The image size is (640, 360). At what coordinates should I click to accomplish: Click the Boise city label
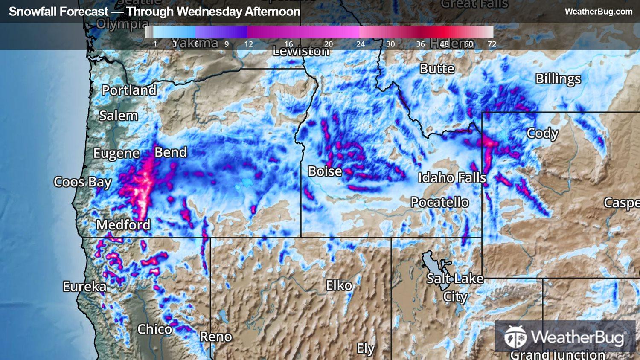click(325, 171)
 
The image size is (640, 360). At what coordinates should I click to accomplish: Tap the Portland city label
click(129, 90)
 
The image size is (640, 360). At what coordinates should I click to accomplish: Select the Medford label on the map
click(123, 225)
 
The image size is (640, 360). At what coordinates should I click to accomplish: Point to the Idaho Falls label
click(452, 177)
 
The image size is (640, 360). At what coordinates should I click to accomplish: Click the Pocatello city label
click(439, 202)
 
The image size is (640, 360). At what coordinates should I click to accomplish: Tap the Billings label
click(558, 79)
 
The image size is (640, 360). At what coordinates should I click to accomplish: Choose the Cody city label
click(542, 133)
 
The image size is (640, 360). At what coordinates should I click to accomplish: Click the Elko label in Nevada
click(339, 285)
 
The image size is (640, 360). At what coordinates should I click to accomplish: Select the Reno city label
click(215, 337)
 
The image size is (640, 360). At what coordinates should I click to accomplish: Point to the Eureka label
click(84, 286)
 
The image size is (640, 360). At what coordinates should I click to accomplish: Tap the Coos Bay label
click(82, 182)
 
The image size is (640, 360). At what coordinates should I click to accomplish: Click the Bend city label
click(171, 152)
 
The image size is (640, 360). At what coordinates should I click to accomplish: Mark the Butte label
click(437, 69)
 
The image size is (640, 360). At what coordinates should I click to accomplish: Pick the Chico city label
click(154, 329)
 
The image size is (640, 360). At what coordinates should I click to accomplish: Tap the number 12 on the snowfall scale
click(249, 44)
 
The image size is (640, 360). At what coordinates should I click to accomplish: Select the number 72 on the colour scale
click(492, 44)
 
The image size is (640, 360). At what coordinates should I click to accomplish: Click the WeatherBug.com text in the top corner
click(598, 12)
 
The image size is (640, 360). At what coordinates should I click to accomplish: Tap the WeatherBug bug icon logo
click(515, 337)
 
